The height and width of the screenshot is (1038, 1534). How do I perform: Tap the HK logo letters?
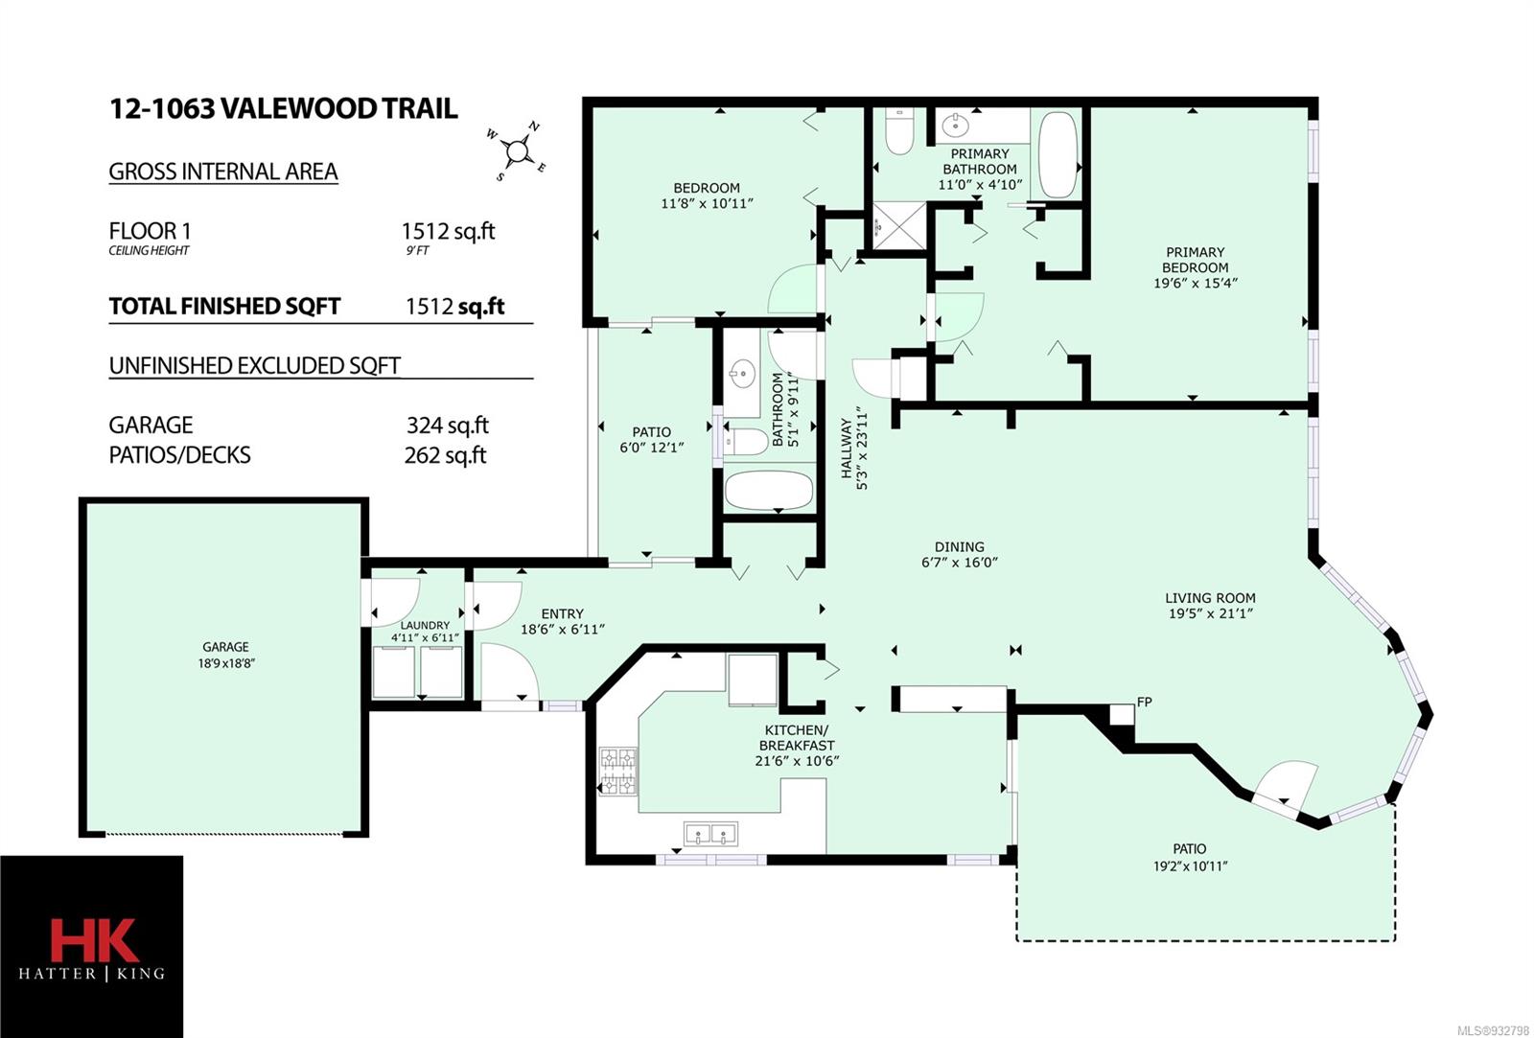coord(95,940)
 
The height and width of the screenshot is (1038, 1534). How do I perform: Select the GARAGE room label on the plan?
coord(225,647)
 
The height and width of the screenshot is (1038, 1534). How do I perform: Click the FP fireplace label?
coord(1145,702)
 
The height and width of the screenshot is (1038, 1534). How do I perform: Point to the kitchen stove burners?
coord(618,771)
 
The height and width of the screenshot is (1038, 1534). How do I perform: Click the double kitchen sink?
coord(710,834)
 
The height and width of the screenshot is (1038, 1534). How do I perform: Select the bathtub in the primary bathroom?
coord(1058,155)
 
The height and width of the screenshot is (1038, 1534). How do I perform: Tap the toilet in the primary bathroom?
coord(899,130)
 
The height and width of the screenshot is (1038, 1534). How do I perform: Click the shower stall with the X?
coord(899,225)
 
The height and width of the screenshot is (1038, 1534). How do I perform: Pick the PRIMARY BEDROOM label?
coord(1195,260)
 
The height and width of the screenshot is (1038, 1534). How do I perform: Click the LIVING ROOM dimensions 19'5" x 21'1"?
coord(1210,613)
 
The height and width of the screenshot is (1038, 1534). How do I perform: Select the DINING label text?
coord(959,546)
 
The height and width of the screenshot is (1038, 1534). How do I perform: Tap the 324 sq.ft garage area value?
coord(447,426)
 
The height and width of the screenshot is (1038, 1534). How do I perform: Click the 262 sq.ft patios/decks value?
coord(445,455)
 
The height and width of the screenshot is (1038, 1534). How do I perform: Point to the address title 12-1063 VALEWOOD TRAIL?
coord(284,109)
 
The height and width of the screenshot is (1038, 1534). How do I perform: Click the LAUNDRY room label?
coord(425,625)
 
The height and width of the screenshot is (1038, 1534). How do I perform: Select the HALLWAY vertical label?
coord(847,449)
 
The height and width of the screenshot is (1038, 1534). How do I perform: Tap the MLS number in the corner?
coord(1493,1030)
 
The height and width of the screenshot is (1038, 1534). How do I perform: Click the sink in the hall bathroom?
coord(742,374)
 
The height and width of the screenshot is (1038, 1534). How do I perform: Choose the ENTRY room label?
coord(562,613)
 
